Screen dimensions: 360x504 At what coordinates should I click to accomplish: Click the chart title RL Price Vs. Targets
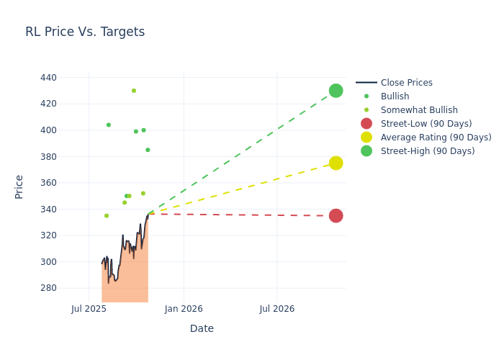85,32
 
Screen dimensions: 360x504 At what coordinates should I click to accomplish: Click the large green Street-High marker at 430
336,91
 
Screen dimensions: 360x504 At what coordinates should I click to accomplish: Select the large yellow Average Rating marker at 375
336,163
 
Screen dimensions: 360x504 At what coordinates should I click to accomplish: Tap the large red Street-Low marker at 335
336,216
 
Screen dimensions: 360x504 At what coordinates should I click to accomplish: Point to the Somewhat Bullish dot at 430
134,91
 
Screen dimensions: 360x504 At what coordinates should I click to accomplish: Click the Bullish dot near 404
109,125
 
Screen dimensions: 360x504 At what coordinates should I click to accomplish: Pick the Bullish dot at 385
148,150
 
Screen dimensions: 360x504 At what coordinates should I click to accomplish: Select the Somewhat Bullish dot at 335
107,216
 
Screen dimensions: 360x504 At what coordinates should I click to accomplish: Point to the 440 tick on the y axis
48,78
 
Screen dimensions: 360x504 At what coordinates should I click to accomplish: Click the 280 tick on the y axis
48,288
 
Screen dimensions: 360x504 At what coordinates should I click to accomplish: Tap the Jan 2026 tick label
184,309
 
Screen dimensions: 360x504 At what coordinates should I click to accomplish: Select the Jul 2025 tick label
89,309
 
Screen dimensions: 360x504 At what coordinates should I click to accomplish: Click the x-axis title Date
202,328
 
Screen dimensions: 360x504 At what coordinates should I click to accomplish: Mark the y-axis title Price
19,186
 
